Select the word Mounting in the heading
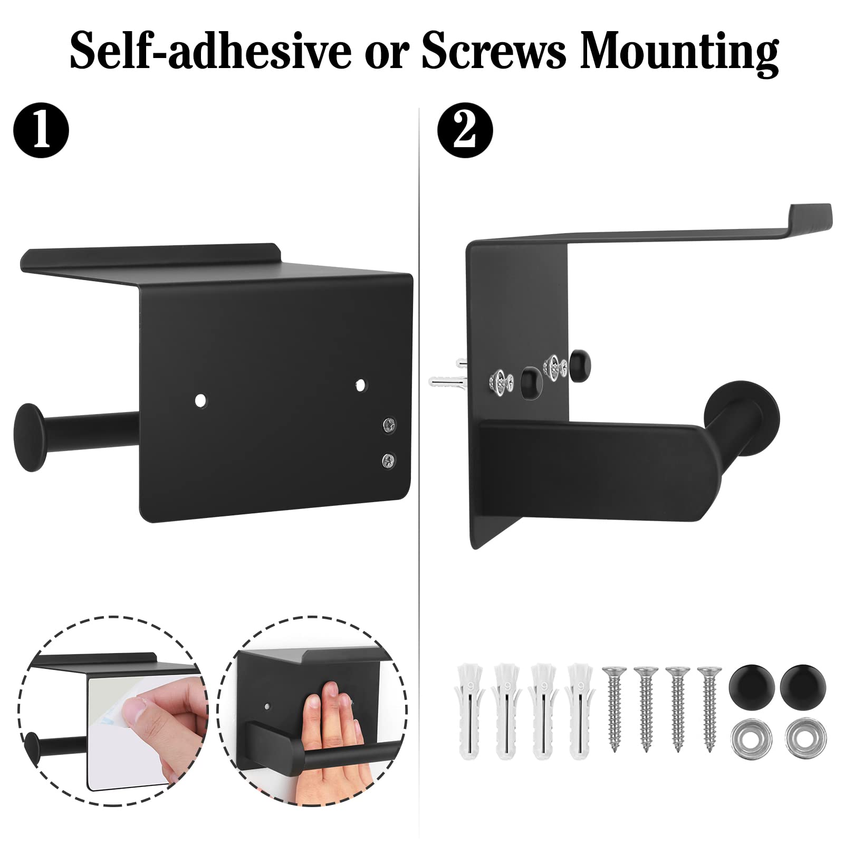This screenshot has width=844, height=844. [x=679, y=53]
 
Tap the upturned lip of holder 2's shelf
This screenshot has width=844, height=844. [x=810, y=214]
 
